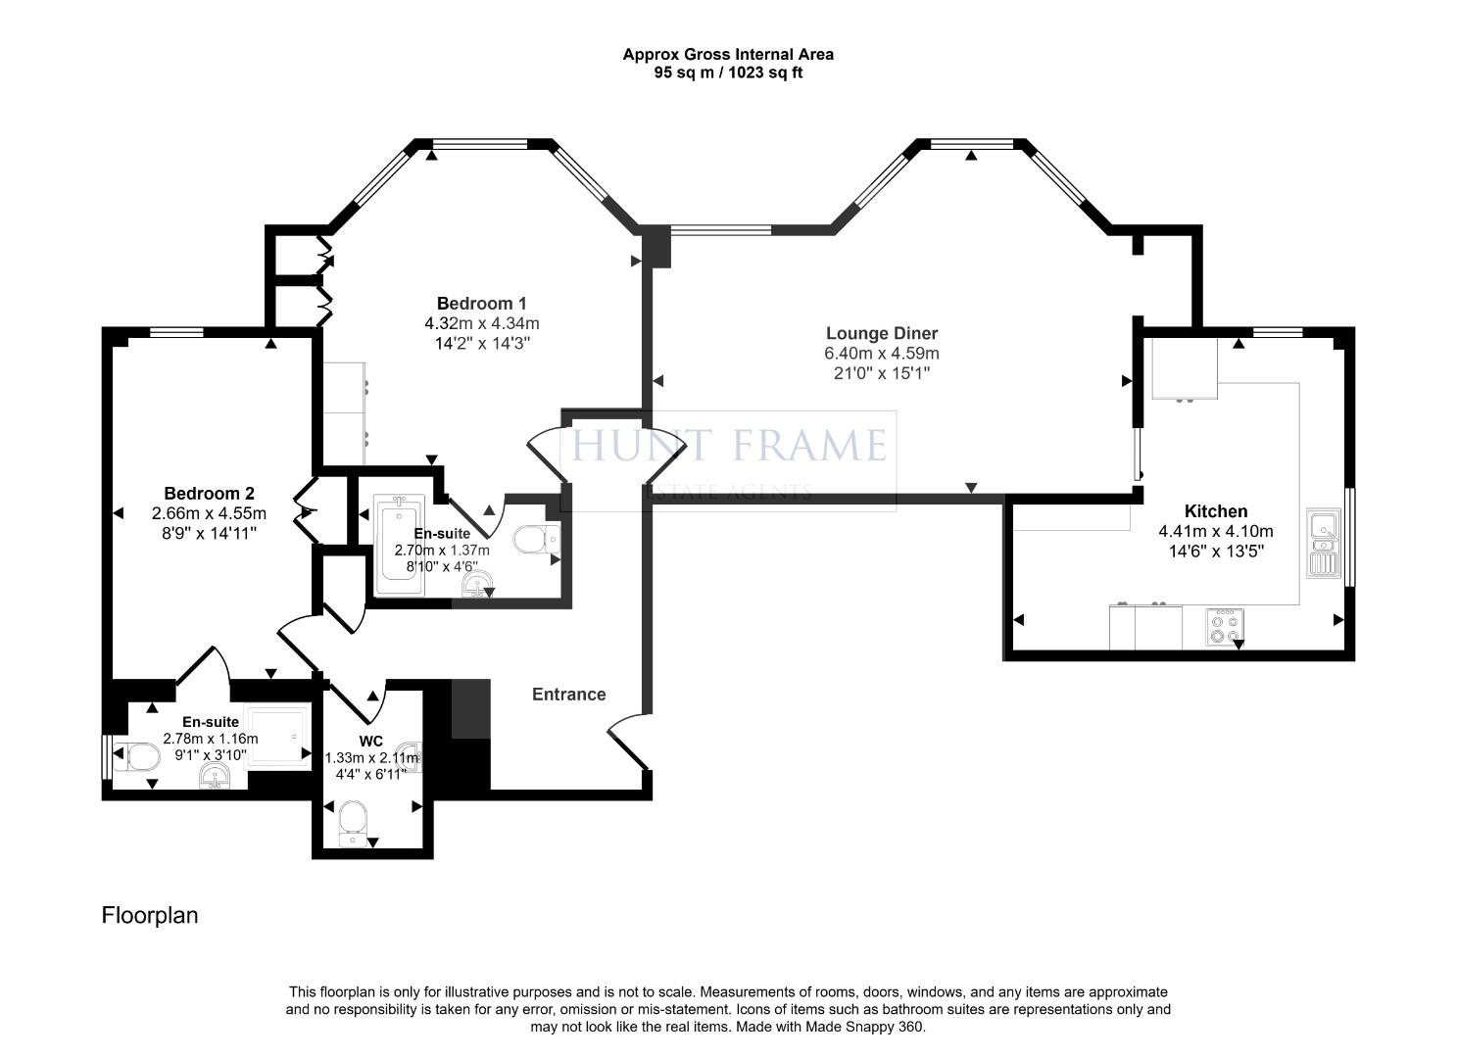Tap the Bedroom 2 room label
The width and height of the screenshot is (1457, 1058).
tap(209, 493)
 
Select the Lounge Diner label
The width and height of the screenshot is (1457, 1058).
tap(881, 333)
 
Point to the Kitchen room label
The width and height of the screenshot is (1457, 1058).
tap(1215, 511)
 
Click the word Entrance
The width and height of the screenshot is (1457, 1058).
tap(568, 695)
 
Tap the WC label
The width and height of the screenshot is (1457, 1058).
tap(370, 741)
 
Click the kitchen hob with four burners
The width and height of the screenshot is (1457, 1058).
tap(1224, 627)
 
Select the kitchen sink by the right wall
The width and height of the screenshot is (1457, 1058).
tap(1323, 544)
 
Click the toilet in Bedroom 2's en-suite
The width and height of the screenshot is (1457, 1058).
tap(139, 756)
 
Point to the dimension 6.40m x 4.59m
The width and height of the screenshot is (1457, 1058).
tap(881, 354)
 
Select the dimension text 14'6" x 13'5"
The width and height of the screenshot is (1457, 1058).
tap(1215, 552)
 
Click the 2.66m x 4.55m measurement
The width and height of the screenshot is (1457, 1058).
tap(209, 513)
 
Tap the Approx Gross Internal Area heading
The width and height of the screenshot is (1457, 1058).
tap(727, 55)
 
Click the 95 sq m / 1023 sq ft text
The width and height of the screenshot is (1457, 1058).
tap(727, 72)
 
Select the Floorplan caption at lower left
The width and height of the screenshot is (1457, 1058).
tap(150, 915)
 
